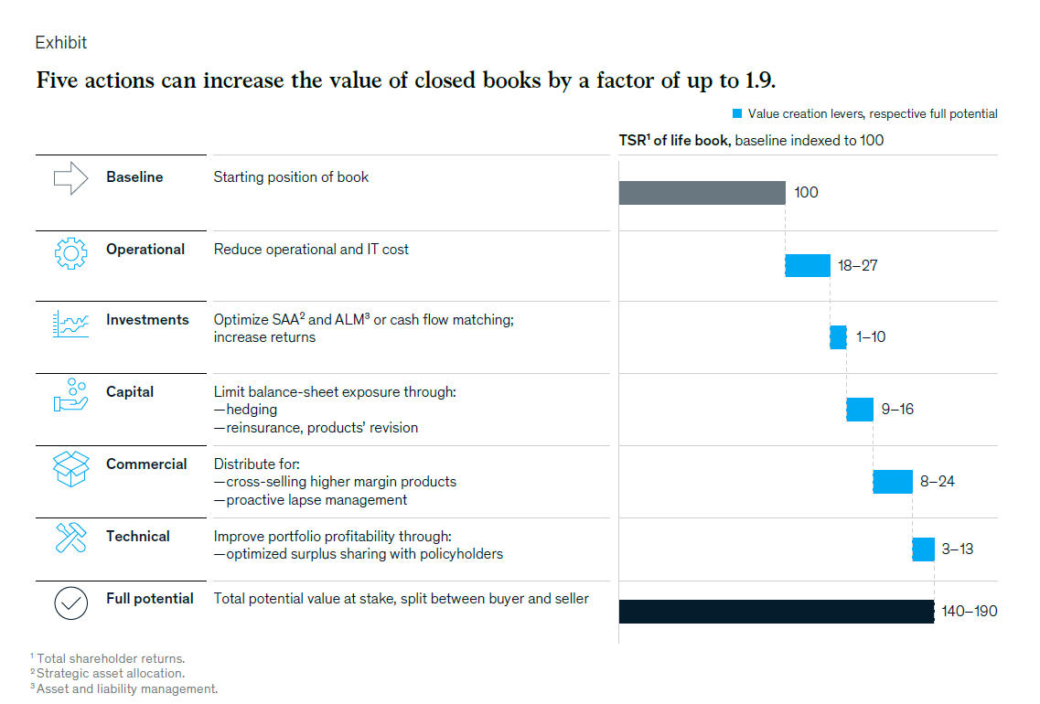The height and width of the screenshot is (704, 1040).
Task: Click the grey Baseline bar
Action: [702, 193]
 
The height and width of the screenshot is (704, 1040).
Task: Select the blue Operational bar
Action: [807, 265]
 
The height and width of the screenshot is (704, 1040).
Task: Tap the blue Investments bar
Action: [838, 336]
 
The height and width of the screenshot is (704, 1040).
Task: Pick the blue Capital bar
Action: [860, 409]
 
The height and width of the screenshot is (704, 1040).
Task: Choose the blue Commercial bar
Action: [893, 481]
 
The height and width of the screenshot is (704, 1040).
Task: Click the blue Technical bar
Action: [923, 549]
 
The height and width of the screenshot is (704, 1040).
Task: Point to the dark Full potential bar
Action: [776, 612]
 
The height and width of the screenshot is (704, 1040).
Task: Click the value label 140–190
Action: [970, 611]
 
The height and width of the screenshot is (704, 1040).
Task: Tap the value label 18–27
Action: [858, 266]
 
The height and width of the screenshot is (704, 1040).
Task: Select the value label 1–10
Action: [871, 337]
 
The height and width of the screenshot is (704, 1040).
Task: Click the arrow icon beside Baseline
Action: [70, 178]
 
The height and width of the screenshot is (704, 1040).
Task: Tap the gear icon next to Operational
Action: [70, 253]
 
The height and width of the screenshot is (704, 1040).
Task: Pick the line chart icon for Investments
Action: [70, 325]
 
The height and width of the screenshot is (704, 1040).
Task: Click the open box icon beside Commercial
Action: [70, 469]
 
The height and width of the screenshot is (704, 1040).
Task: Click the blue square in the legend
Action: [736, 114]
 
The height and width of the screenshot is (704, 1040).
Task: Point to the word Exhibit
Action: [61, 43]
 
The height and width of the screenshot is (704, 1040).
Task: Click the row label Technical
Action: [137, 537]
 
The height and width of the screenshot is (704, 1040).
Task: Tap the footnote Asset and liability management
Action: [126, 688]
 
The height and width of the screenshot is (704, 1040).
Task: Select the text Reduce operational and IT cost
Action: [311, 250]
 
